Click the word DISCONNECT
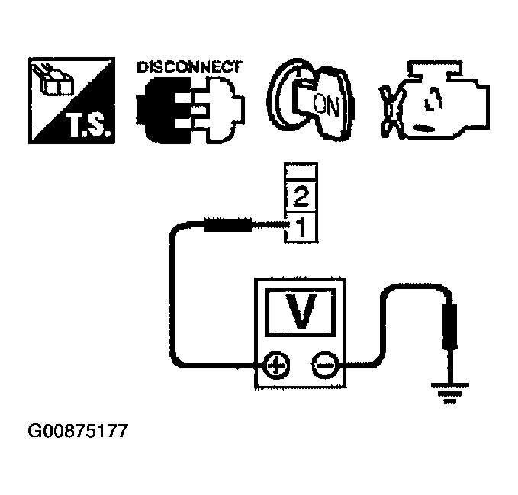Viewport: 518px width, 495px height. [188, 66]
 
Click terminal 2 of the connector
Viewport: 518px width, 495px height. [300, 200]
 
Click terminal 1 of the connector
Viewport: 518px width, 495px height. [300, 227]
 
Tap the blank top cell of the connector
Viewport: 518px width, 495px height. [300, 174]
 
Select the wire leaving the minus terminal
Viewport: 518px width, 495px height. [374, 336]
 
